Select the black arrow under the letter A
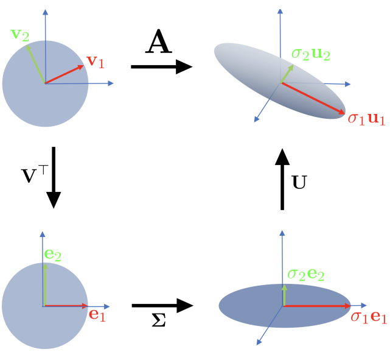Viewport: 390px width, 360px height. (x=161, y=66)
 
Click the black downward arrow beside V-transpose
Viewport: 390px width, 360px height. (x=54, y=177)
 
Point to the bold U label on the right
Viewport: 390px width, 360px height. (x=299, y=182)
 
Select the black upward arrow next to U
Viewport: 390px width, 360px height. (x=282, y=179)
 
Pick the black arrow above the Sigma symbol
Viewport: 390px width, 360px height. (x=162, y=305)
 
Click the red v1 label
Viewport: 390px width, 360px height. (x=95, y=61)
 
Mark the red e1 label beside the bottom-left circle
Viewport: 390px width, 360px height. (x=97, y=315)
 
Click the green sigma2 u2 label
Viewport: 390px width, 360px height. (x=310, y=54)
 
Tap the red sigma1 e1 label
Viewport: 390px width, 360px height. (x=368, y=317)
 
